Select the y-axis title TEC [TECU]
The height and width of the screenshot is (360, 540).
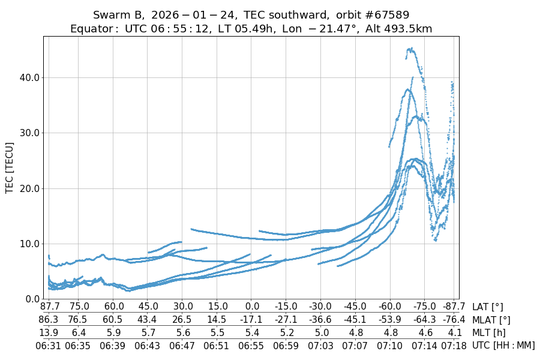coord(10,167)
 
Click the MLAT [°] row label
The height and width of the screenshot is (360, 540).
coord(492,320)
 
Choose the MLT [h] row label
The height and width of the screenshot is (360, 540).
coord(488,332)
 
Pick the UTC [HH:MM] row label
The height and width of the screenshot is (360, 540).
coord(503,345)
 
